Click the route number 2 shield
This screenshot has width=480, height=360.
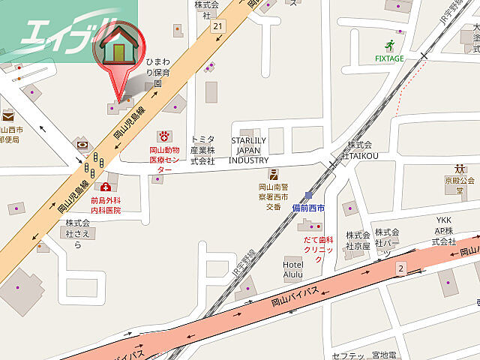click(401, 268)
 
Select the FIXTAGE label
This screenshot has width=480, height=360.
click(389, 58)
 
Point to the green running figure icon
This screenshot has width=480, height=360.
click(389, 44)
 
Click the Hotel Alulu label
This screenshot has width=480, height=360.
click(292, 269)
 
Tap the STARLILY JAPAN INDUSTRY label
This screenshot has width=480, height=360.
click(249, 150)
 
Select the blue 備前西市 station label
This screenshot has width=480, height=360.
click(308, 207)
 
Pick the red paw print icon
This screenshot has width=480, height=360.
click(163, 136)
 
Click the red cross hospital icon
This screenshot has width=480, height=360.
click(106, 187)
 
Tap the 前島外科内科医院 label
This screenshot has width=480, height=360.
click(106, 205)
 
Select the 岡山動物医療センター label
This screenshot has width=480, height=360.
click(163, 160)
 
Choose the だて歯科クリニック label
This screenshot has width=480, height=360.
click(318, 249)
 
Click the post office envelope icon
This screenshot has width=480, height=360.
click(7, 116)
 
